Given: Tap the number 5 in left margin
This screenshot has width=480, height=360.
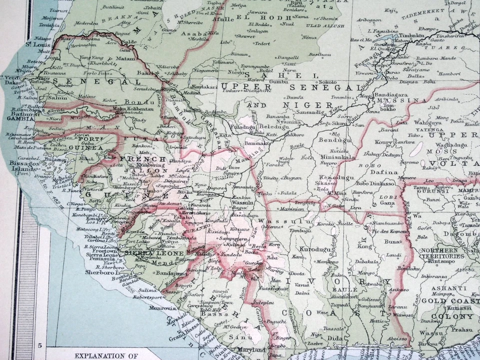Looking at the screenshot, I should tap(38, 345).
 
